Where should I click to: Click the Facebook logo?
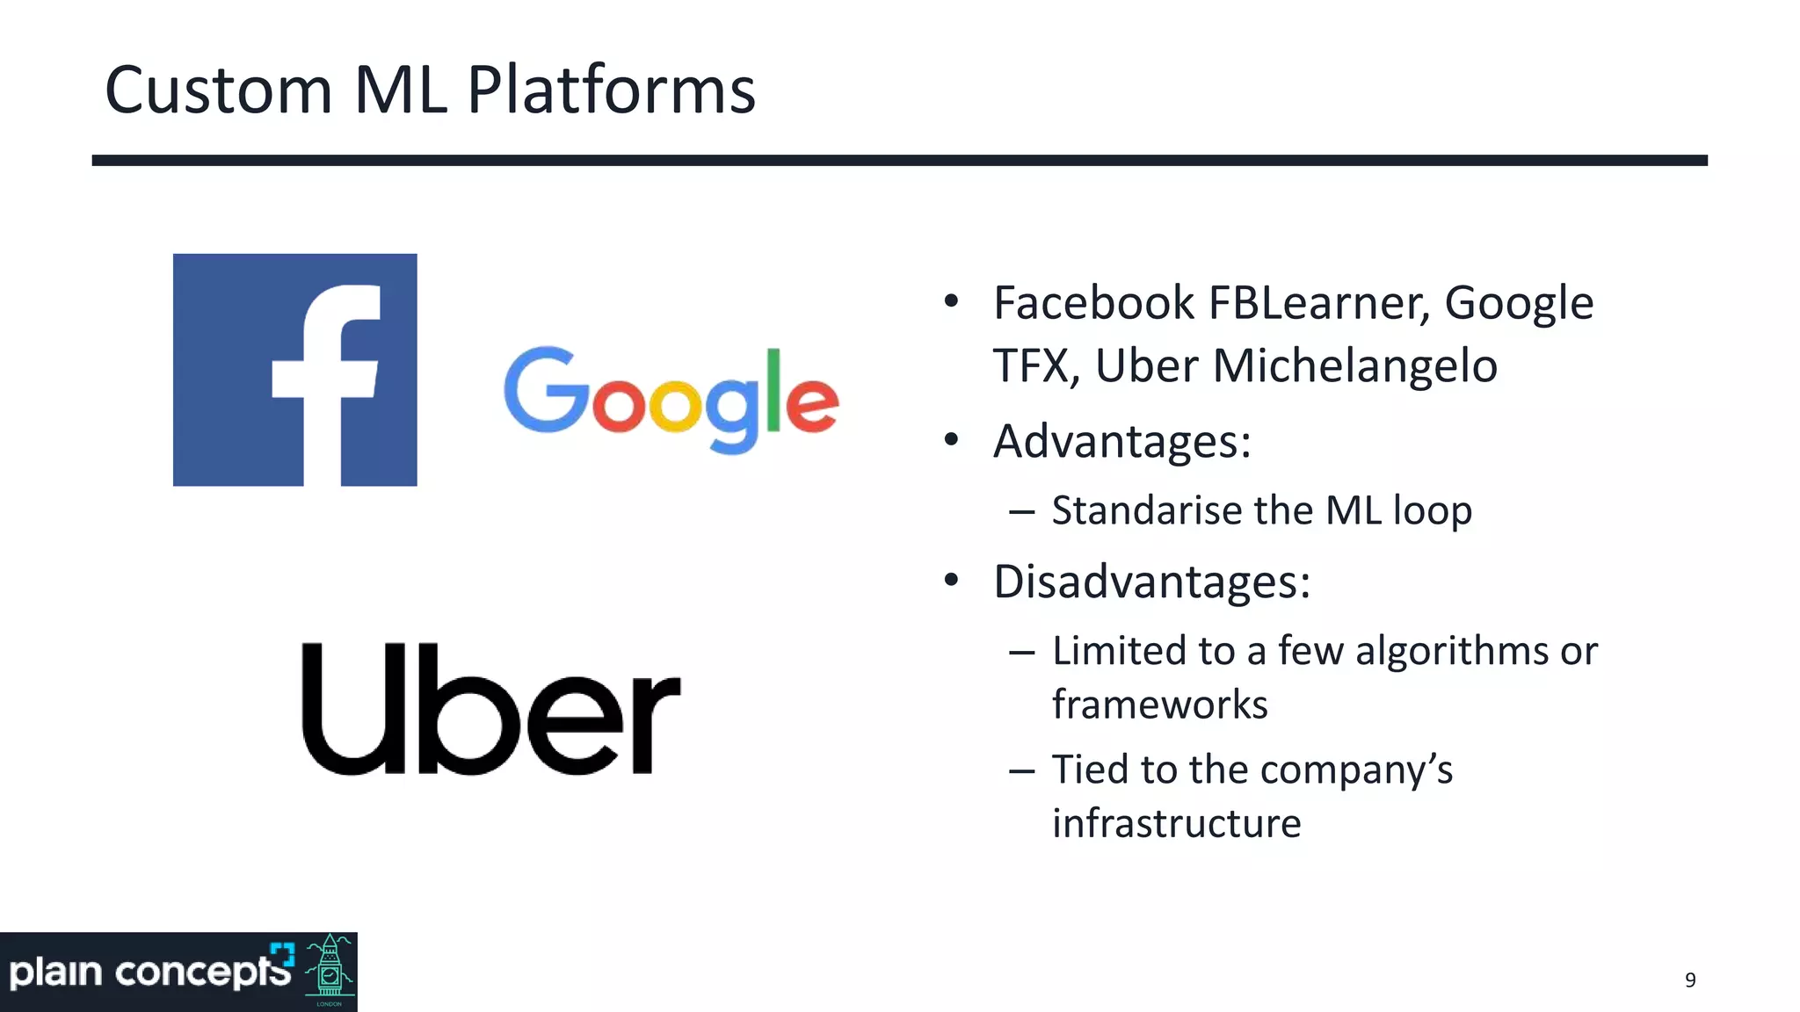tap(295, 370)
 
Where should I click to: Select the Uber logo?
tap(490, 710)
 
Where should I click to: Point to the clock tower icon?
tap(330, 971)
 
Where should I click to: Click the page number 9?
tap(1690, 980)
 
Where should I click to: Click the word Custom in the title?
tap(218, 90)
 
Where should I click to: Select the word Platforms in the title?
tap(611, 90)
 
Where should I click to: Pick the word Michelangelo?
tap(1355, 365)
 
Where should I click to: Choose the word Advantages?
tap(1121, 441)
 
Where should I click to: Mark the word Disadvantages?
tap(1151, 582)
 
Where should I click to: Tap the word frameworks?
tap(1159, 705)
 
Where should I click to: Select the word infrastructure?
tap(1176, 824)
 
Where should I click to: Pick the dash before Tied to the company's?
tap(1021, 771)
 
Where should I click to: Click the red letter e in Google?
tap(811, 406)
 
